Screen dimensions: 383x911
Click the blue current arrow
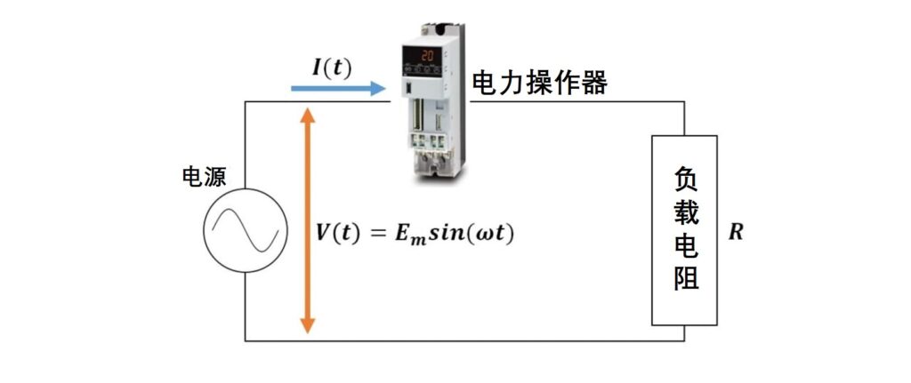(x=338, y=88)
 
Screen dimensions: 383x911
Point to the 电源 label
(x=204, y=177)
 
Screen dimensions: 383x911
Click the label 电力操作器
(x=539, y=84)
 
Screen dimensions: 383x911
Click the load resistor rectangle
(x=684, y=230)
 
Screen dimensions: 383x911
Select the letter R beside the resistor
(x=736, y=234)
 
